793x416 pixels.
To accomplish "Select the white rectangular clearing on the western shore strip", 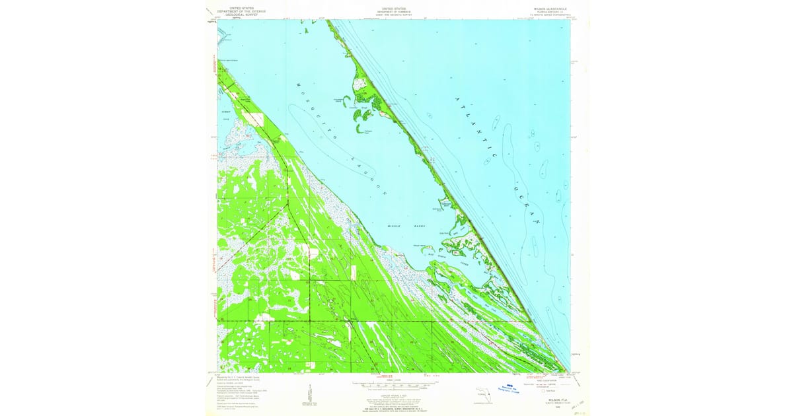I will [x=252, y=118].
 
